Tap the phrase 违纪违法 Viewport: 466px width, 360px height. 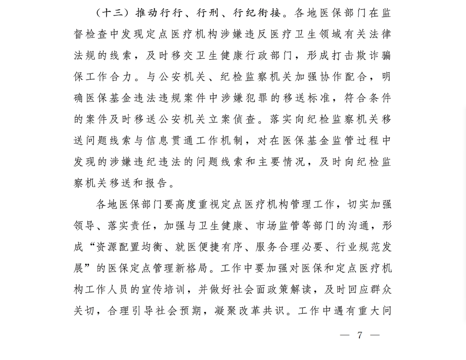point(158,162)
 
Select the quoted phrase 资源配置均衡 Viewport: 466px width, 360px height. point(128,247)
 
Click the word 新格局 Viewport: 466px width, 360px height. point(183,268)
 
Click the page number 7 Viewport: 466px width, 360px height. point(360,335)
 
